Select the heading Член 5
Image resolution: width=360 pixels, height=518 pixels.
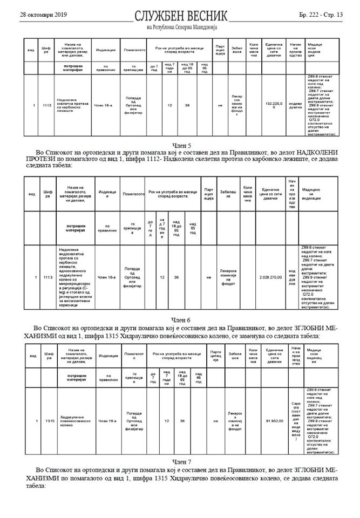180,146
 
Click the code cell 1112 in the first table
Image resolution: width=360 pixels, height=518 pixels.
47,106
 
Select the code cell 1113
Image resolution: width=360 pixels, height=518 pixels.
48,277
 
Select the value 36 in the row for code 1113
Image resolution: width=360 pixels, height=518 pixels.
176,277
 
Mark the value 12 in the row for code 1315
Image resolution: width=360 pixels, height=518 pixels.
167,420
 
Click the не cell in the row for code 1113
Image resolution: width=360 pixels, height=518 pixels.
209,277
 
